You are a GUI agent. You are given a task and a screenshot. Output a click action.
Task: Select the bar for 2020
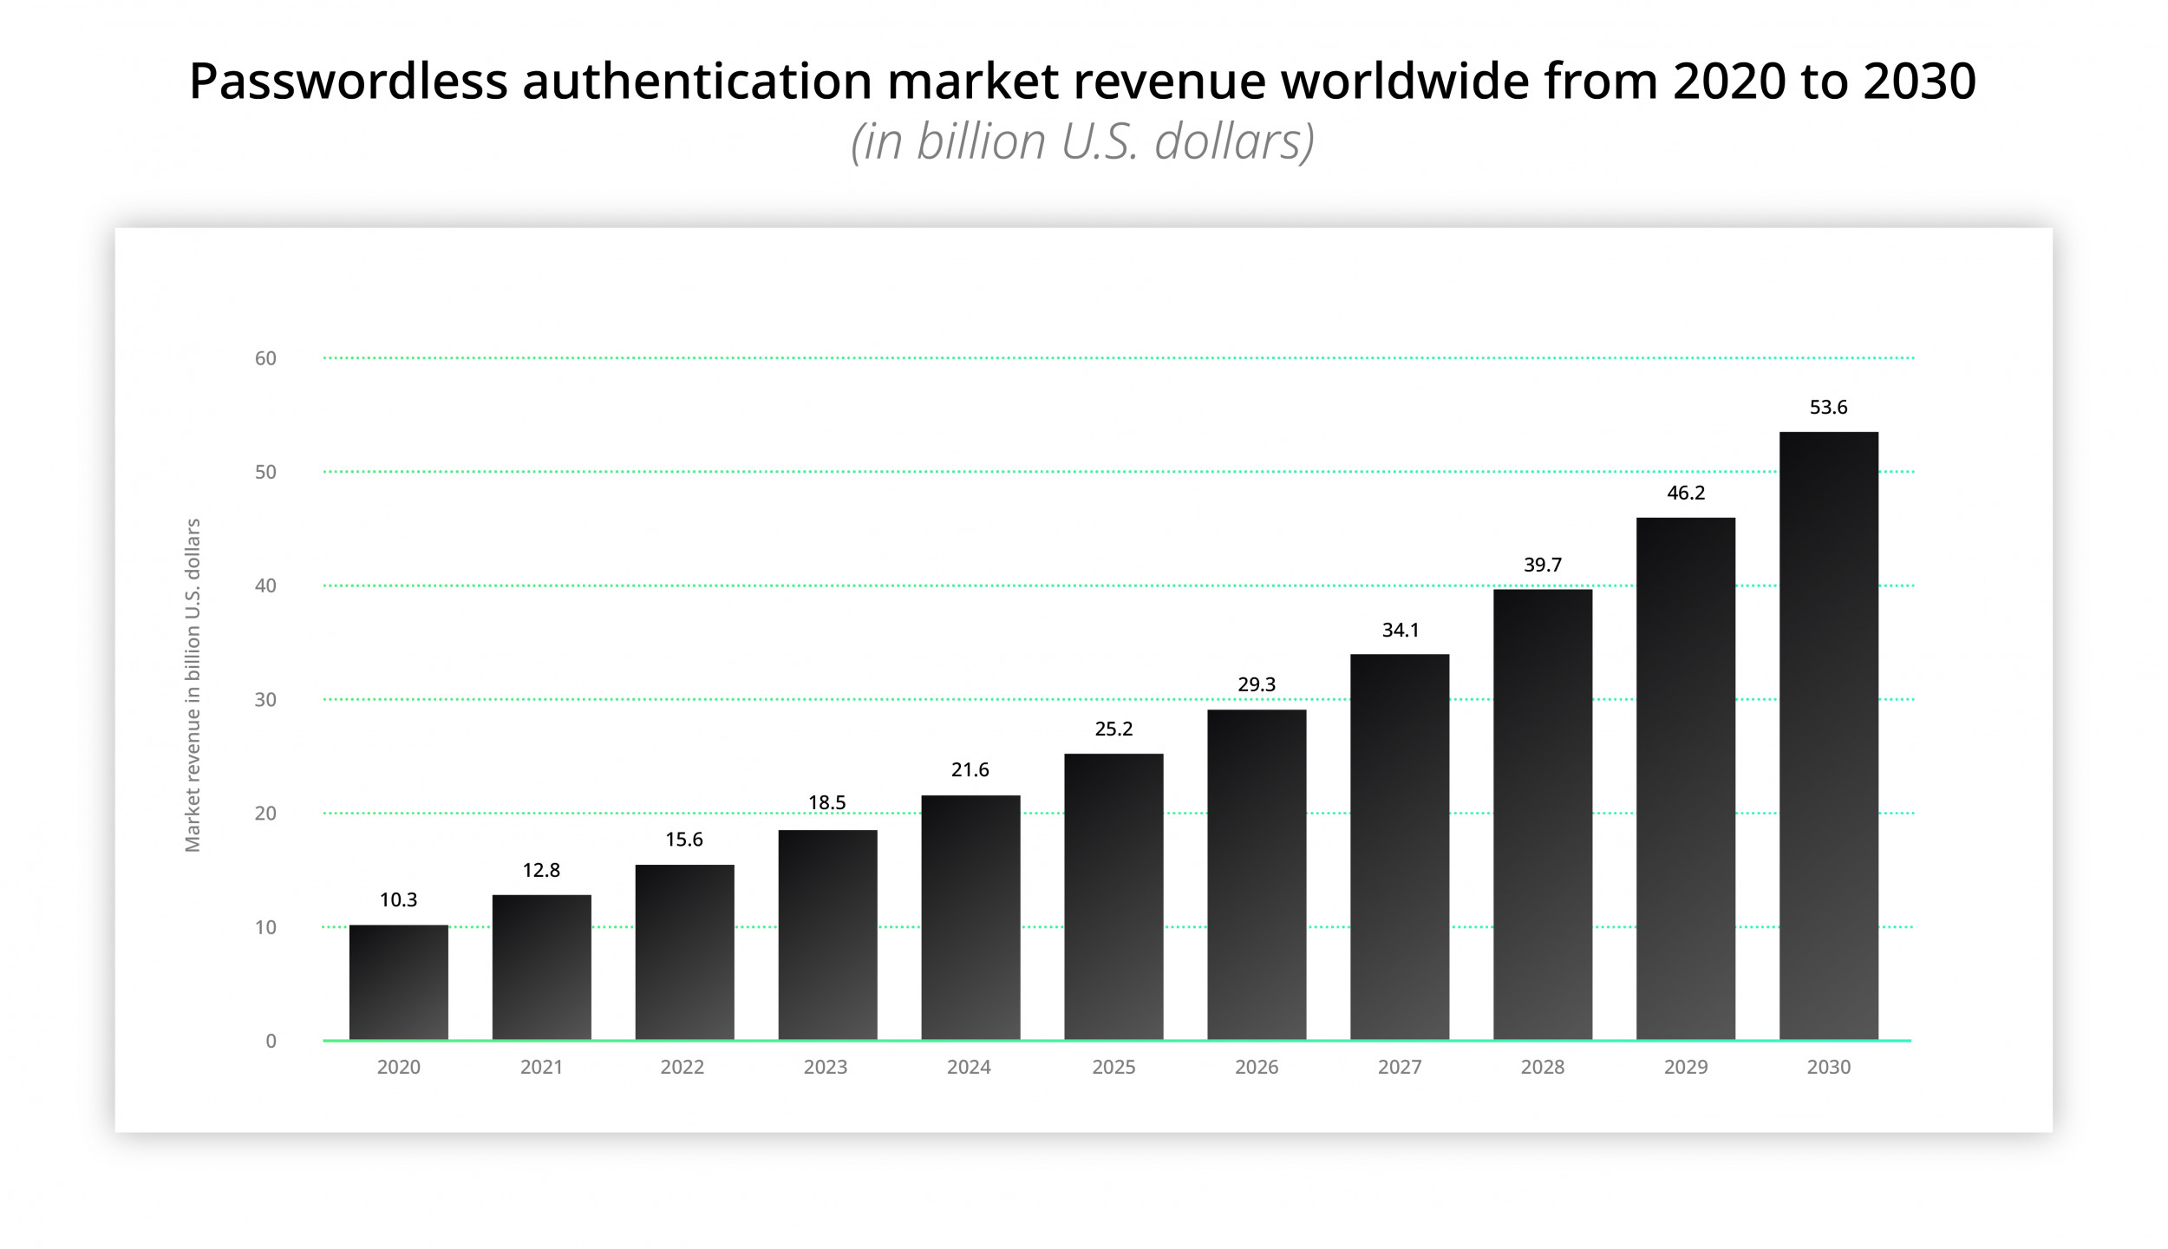(x=398, y=982)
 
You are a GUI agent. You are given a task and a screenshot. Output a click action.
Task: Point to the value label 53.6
(x=1828, y=407)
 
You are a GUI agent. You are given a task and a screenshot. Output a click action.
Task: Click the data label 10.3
(x=398, y=899)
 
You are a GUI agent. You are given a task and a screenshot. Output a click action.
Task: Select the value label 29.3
(x=1256, y=684)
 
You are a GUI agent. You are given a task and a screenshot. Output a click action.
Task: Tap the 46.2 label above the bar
(x=1685, y=493)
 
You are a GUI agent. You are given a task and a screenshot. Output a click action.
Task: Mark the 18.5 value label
(x=826, y=802)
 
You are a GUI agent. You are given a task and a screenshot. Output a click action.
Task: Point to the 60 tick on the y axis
(x=265, y=358)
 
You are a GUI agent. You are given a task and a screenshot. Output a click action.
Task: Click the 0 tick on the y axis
(x=271, y=1041)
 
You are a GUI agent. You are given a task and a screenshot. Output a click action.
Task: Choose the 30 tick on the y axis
(x=265, y=699)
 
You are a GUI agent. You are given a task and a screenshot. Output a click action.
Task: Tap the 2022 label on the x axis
(x=682, y=1067)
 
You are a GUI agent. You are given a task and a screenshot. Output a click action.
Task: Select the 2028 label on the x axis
(x=1542, y=1067)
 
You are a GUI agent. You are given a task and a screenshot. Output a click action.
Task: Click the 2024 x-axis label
(x=968, y=1067)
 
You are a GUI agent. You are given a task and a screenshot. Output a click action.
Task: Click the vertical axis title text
(x=193, y=685)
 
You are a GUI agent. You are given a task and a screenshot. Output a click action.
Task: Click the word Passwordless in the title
(x=348, y=82)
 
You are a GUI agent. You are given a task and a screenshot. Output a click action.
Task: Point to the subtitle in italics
(x=1082, y=141)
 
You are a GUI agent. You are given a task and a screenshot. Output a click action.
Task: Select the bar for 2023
(x=827, y=935)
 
